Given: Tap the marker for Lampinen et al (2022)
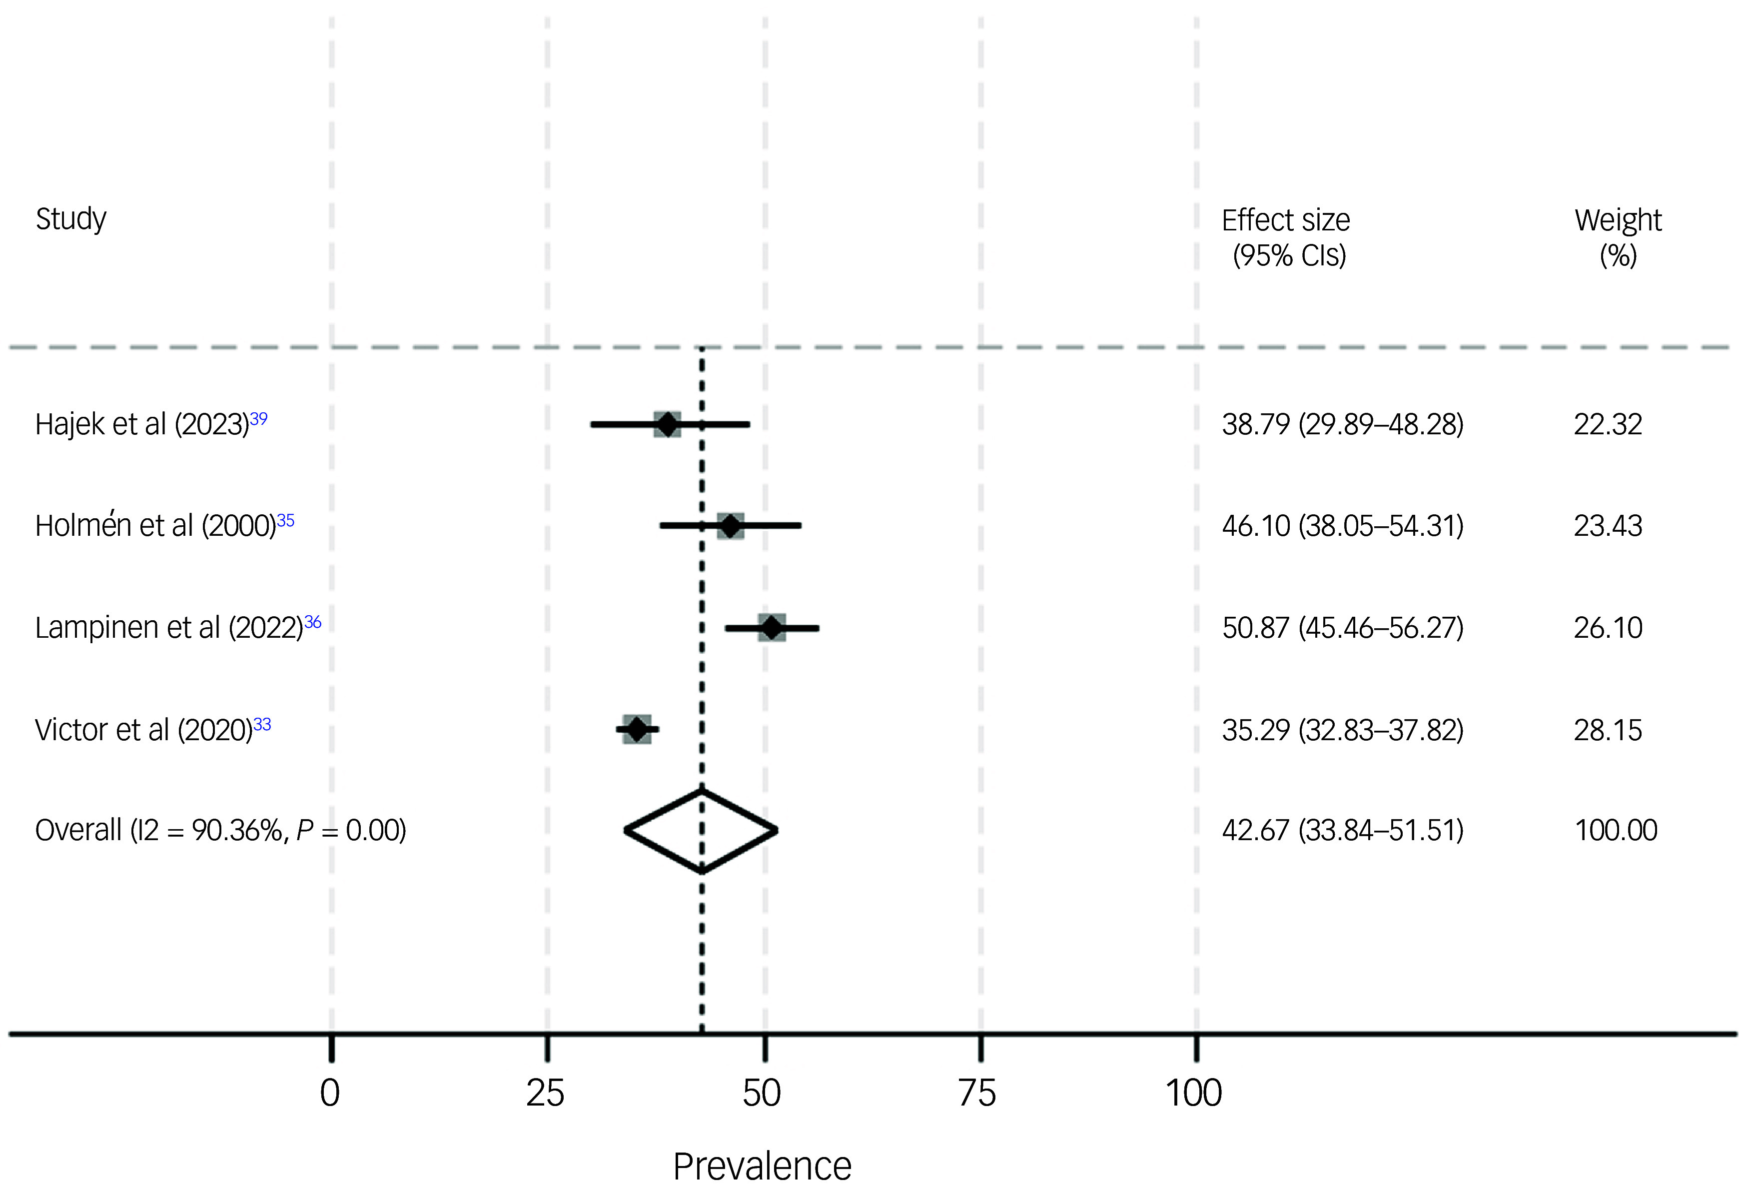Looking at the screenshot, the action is click(x=772, y=627).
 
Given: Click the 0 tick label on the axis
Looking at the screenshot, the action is click(x=330, y=1093).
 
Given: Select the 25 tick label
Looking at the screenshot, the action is click(x=545, y=1093).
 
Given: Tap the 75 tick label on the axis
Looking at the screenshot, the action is click(x=977, y=1093).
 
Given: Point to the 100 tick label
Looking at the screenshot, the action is click(x=1194, y=1093).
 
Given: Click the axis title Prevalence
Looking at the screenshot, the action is click(x=762, y=1167).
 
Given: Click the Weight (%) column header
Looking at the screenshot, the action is click(x=1619, y=237).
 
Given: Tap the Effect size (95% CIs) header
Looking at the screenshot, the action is click(x=1286, y=237).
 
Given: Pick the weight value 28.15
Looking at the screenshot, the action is click(x=1608, y=730).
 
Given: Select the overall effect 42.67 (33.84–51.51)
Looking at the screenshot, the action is click(x=1343, y=831).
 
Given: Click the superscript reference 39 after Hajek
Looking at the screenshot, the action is click(x=258, y=418).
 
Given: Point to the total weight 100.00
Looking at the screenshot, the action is click(x=1616, y=831).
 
